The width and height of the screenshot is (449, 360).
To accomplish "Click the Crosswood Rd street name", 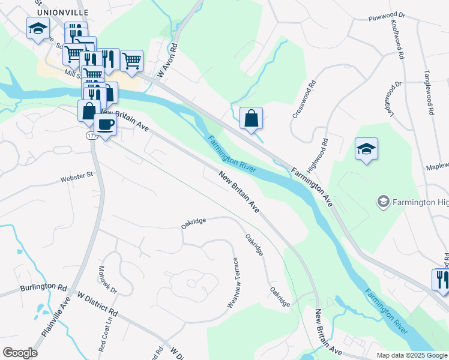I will tap(303, 100).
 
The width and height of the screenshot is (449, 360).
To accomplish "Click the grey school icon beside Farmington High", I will tap(382, 202).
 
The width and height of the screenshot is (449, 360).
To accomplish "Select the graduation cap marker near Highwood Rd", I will tap(366, 149).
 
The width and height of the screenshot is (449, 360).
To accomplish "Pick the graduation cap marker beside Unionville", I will tap(38, 28).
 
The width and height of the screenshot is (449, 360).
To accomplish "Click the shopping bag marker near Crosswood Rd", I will tap(251, 118).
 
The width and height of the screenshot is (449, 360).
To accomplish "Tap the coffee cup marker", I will tap(106, 125).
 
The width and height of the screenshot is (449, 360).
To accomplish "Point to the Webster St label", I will tap(77, 176).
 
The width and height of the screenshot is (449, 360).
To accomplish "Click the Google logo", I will tap(20, 353).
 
